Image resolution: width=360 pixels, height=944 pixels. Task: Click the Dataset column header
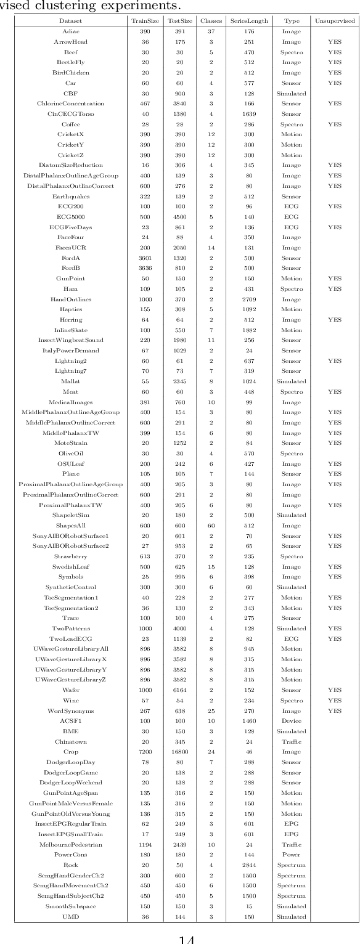click(70, 20)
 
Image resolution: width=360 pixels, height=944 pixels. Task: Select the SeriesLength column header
click(249, 20)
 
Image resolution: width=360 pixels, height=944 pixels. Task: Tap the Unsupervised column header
click(335, 20)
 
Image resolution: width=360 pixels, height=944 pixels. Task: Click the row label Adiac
click(70, 31)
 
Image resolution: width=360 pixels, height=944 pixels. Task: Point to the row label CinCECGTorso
click(70, 114)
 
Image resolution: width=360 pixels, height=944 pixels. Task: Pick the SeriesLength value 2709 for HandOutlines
click(249, 299)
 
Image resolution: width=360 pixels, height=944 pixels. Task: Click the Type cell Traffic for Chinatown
click(292, 742)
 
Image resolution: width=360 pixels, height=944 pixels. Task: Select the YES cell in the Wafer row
click(335, 690)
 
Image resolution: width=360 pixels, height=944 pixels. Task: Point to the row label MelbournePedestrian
click(70, 845)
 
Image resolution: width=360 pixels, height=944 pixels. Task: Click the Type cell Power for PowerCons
click(292, 855)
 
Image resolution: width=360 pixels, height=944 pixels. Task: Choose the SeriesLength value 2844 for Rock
click(249, 865)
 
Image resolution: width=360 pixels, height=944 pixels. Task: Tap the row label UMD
click(70, 917)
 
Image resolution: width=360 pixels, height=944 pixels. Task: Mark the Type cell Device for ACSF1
click(292, 721)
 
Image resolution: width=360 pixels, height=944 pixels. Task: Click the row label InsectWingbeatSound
click(70, 340)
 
